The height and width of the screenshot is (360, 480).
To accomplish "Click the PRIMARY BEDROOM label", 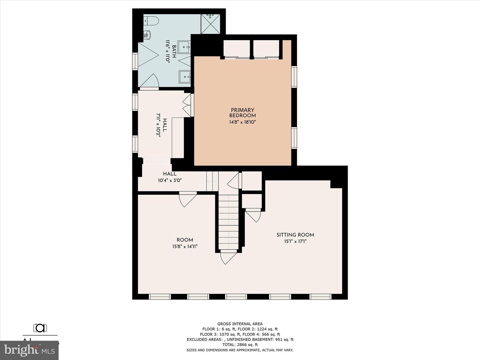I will pyautogui.click(x=242, y=113).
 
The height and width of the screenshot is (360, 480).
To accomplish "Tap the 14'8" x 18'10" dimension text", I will pyautogui.click(x=242, y=122).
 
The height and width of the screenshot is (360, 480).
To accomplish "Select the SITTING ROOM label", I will pyautogui.click(x=295, y=235).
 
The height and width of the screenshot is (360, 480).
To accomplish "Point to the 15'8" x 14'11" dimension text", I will pyautogui.click(x=185, y=247).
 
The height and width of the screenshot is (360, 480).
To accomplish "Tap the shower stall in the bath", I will pyautogui.click(x=210, y=24).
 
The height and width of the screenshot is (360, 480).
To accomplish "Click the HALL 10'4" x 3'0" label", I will pyautogui.click(x=170, y=177).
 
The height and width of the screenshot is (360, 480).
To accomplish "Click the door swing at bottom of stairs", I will pyautogui.click(x=228, y=257).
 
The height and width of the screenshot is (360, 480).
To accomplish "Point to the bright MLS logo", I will pyautogui.click(x=29, y=350).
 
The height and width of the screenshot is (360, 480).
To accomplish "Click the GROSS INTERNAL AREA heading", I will pyautogui.click(x=240, y=324).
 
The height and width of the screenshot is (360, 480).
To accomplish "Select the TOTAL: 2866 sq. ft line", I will pyautogui.click(x=240, y=345).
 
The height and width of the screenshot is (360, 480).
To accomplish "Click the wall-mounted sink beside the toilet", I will pyautogui.click(x=147, y=34).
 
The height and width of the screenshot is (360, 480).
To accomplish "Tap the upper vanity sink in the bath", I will pyautogui.click(x=184, y=47).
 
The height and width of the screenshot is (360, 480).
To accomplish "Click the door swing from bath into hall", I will pyautogui.click(x=151, y=82).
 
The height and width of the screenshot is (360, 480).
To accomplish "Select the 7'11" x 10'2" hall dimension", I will pyautogui.click(x=159, y=125).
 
